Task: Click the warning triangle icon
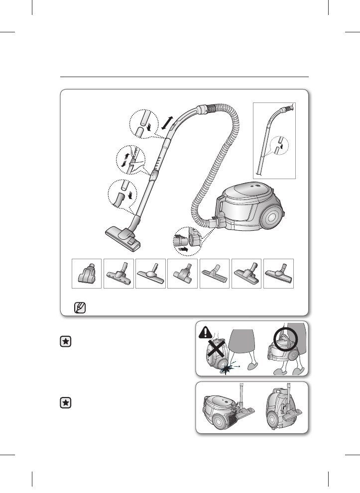point(207,331)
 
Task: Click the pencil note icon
point(78,306)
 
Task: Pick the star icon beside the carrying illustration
point(65,342)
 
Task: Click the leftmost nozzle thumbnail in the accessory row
point(87,273)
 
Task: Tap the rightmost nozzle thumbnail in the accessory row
point(278,273)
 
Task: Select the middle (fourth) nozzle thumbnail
point(183,273)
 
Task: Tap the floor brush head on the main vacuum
point(123,238)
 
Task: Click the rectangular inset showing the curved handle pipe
point(274,140)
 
